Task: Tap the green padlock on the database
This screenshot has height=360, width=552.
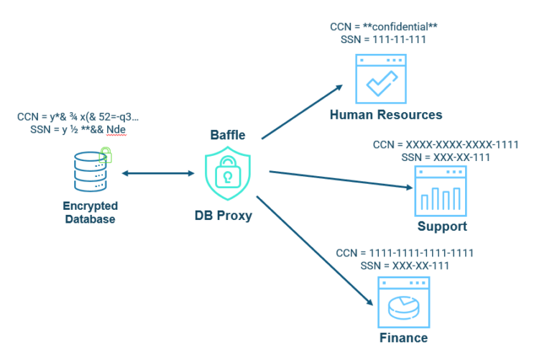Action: [x=106, y=154]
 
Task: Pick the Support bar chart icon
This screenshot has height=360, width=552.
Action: [x=440, y=191]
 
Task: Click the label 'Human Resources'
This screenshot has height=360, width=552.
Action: [x=386, y=115]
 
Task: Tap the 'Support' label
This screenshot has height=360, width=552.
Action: [x=442, y=227]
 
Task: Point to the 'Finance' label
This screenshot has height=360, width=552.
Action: [x=403, y=338]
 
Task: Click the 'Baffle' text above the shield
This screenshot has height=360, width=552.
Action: [x=229, y=134]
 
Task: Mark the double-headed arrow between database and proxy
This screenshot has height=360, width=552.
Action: [x=158, y=174]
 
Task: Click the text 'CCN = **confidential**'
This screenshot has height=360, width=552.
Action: [x=384, y=27]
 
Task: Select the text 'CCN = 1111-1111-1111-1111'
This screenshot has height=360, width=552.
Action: [x=405, y=253]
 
